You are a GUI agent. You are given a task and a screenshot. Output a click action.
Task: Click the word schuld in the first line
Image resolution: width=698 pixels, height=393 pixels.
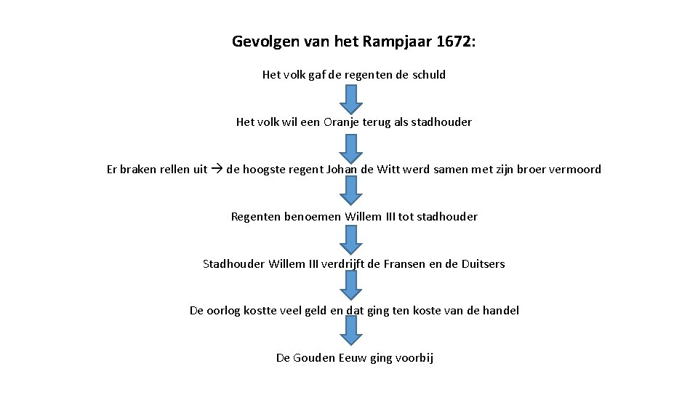coord(428,74)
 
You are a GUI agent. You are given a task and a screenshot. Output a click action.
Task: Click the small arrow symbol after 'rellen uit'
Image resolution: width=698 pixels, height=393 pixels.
coord(217,169)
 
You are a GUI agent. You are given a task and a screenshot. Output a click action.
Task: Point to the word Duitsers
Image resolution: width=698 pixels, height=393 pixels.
coord(483,263)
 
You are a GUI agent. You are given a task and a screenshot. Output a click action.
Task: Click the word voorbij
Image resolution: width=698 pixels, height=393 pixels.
coord(413,357)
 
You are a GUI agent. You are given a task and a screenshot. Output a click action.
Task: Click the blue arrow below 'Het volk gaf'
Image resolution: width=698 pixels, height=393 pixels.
coord(351,98)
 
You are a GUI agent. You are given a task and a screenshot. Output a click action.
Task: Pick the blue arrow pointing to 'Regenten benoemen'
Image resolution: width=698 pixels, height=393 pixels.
coord(351,191)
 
